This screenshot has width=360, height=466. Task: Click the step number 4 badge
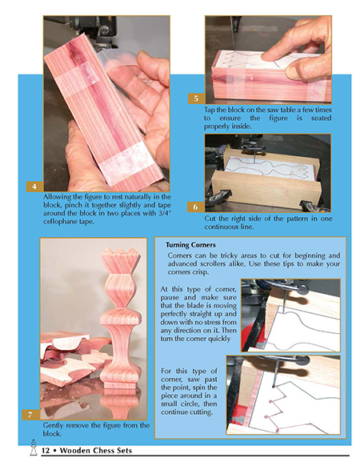34,187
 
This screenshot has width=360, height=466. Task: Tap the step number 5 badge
196,98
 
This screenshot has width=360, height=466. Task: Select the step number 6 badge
195,207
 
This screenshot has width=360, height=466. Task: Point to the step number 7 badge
30,415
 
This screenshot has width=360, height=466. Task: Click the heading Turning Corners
190,245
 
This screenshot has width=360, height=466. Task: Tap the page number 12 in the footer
46,451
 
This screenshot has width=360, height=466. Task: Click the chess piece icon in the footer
34,448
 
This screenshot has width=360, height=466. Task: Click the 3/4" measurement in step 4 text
165,213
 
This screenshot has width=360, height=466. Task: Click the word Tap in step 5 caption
209,110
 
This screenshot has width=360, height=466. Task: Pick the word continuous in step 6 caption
221,227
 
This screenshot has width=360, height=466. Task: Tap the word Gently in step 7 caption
53,426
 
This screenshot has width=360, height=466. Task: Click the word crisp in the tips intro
198,272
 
